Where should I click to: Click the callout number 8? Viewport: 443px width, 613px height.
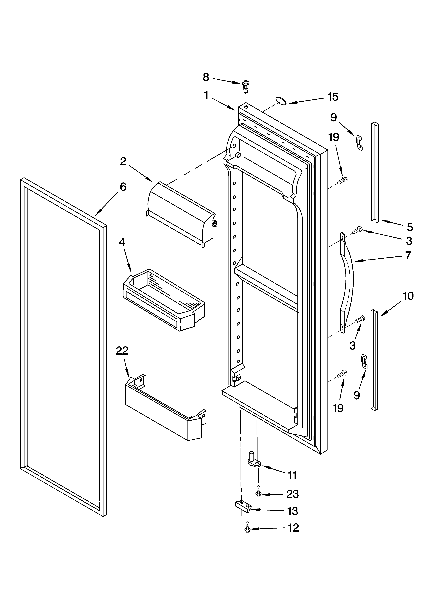click(x=206, y=78)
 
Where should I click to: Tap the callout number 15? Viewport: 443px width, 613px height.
click(x=333, y=97)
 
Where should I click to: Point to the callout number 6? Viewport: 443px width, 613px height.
click(x=123, y=187)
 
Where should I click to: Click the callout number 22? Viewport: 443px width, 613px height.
click(x=122, y=351)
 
